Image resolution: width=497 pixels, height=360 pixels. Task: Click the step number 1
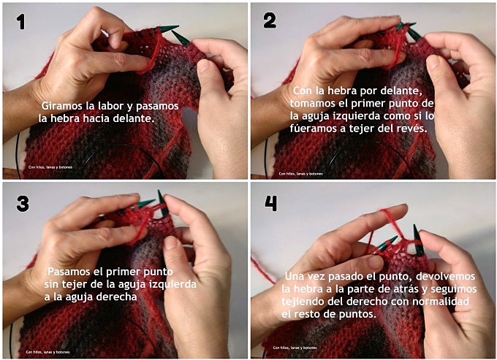pos(21,21)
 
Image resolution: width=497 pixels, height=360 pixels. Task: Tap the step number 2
pos(270,21)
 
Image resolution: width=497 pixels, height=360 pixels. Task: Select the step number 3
pos(22,203)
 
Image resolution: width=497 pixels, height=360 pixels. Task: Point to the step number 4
pos(270,203)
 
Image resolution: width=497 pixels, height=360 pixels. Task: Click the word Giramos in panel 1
pos(62,104)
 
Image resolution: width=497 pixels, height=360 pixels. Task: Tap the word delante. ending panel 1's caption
pos(135,117)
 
